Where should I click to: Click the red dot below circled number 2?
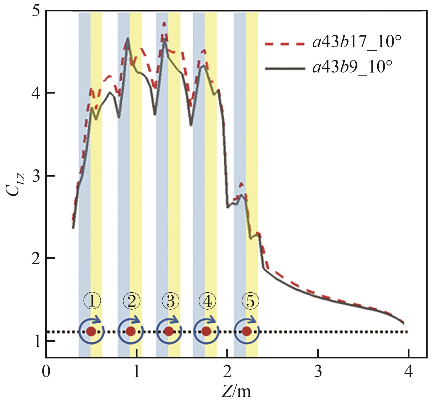[x=130, y=331]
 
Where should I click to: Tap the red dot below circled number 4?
[x=206, y=331]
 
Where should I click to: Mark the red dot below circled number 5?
[x=247, y=331]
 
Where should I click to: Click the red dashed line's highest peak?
[x=164, y=23]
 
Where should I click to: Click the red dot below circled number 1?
[x=91, y=331]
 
